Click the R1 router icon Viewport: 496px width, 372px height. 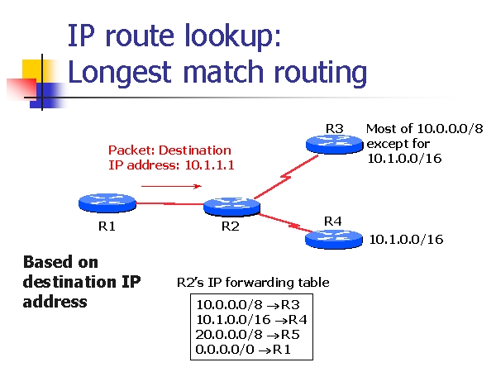click(107, 203)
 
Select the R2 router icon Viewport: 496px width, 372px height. click(231, 207)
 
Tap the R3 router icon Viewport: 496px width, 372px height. click(334, 144)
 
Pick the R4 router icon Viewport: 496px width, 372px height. click(334, 240)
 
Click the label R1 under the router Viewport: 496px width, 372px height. click(107, 227)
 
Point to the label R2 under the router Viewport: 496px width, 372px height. click(231, 227)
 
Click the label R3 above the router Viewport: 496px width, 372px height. click(335, 129)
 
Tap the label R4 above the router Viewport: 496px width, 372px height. click(333, 222)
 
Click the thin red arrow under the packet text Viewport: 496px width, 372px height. click(171, 186)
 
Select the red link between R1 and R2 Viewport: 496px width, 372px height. click(169, 203)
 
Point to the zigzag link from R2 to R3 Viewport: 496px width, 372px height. click(286, 177)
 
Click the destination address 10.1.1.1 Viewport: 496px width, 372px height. click(209, 165)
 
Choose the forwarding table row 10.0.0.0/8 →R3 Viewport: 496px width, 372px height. click(248, 304)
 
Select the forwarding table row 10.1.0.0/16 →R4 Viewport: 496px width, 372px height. click(251, 320)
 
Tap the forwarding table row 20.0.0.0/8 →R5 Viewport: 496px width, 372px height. click(247, 335)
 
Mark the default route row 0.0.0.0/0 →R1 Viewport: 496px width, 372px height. click(243, 350)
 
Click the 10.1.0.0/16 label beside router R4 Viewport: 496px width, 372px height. click(406, 240)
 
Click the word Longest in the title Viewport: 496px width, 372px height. click(120, 73)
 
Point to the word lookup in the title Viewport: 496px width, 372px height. click(230, 36)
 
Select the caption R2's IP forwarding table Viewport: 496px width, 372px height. click(253, 283)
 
